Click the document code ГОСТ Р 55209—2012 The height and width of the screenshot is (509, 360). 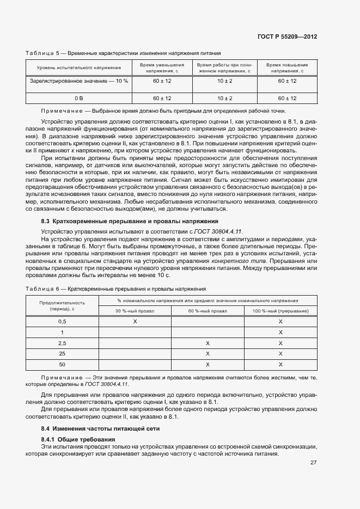coord(287,36)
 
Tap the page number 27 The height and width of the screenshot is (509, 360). coord(314,463)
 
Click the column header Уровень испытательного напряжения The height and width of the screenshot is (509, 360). coord(78,68)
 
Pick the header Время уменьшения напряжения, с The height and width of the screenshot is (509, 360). coord(162,68)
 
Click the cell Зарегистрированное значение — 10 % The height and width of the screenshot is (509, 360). coord(78,81)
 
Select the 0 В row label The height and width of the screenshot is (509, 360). coord(78,98)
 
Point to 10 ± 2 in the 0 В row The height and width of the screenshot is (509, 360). coord(224,98)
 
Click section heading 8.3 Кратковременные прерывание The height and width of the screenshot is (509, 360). coord(130,222)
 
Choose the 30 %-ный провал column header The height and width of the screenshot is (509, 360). coord(135,310)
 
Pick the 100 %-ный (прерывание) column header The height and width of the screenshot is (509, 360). coord(280,310)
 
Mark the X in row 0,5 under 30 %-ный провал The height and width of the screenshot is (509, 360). coord(135,322)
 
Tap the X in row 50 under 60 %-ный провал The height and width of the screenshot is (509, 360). coord(208,364)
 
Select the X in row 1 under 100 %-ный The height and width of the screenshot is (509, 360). coord(280,333)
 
